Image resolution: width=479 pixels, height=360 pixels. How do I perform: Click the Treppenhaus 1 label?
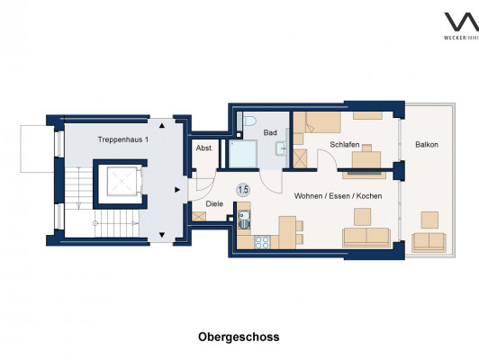click(x=123, y=139)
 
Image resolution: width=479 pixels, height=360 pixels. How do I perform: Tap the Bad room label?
click(x=270, y=132)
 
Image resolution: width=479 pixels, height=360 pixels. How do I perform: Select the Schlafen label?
click(x=345, y=144)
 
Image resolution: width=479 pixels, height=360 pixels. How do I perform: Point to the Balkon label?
click(x=427, y=144)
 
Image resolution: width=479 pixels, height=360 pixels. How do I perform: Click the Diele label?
click(x=214, y=203)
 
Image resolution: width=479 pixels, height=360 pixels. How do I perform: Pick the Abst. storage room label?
click(x=204, y=148)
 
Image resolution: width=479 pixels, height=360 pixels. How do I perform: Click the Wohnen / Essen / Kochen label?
click(x=338, y=195)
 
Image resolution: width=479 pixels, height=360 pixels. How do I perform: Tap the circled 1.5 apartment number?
click(x=243, y=190)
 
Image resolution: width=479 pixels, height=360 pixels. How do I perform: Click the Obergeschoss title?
click(x=239, y=337)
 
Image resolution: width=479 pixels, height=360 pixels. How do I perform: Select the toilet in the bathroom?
click(x=249, y=121)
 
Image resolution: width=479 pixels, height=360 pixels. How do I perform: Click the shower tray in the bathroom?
click(x=242, y=154)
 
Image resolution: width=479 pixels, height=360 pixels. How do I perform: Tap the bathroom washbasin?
click(x=281, y=148)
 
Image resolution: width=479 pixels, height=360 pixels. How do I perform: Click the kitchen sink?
click(x=244, y=220)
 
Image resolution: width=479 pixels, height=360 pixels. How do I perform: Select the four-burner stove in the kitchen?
click(x=262, y=242)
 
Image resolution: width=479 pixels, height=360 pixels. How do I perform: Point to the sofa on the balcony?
click(x=429, y=242)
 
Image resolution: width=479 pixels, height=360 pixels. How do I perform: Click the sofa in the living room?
click(x=366, y=237)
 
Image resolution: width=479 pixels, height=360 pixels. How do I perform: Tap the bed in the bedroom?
click(x=317, y=122)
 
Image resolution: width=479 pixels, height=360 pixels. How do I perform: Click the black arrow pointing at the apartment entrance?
click(x=177, y=190)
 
